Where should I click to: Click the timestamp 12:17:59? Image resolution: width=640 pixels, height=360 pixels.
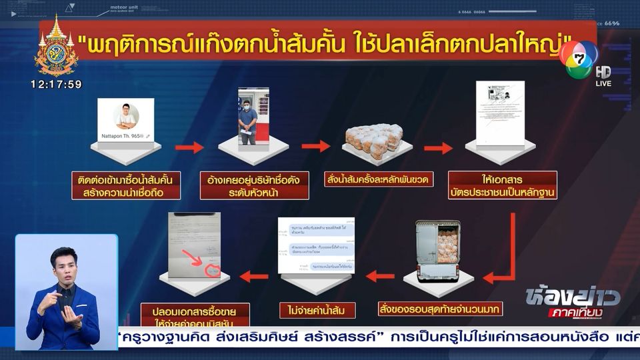click(56, 85)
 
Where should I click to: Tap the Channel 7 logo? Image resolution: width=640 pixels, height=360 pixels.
click(577, 59)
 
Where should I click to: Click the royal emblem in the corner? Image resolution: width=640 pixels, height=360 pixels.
click(56, 45)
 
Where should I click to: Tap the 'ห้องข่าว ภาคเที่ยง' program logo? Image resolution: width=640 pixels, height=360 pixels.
click(573, 303)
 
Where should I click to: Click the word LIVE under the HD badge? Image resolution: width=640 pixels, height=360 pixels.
click(603, 83)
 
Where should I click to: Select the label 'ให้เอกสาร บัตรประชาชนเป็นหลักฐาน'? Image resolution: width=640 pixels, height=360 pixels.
click(502, 185)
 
